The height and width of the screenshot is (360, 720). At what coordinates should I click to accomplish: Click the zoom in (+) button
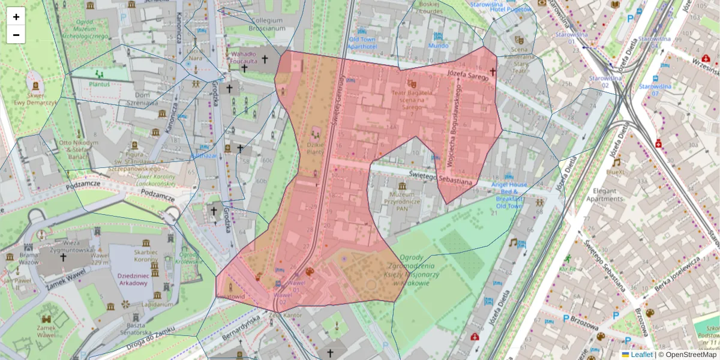[x=16, y=17]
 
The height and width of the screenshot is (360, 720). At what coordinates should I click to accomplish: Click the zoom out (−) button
[x=16, y=35]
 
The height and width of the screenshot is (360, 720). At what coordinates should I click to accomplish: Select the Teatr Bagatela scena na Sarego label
[x=412, y=97]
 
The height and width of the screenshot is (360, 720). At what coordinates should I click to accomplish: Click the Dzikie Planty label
[x=316, y=148]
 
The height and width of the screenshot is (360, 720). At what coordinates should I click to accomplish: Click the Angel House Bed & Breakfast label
[x=509, y=195]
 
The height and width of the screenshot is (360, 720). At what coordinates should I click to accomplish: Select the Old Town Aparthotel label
[x=362, y=43]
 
